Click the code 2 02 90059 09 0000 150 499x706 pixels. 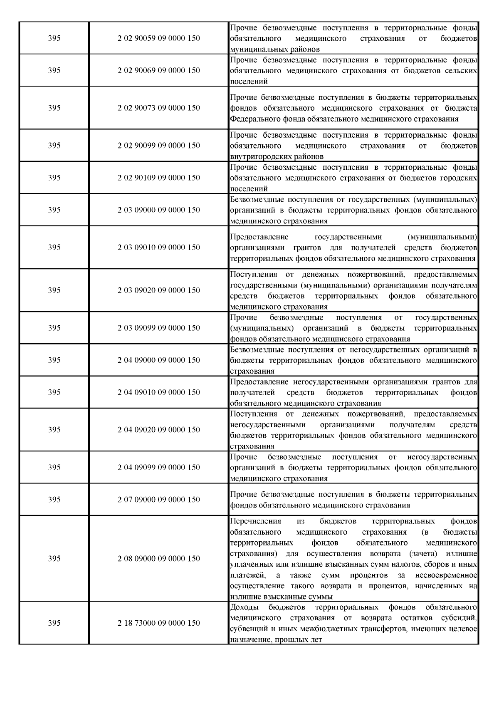click(x=159, y=38)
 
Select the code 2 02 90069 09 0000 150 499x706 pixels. click(x=159, y=70)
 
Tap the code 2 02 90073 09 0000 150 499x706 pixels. click(x=159, y=108)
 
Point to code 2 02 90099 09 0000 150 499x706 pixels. click(x=159, y=145)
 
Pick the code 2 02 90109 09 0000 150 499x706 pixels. click(x=159, y=178)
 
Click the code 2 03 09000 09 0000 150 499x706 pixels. click(x=159, y=210)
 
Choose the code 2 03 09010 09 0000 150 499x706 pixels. click(x=159, y=247)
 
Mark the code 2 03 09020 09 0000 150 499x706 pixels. click(x=159, y=290)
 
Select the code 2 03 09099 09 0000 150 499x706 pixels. click(x=159, y=328)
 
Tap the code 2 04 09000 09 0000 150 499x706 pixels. click(x=159, y=360)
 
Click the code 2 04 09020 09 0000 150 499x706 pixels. click(x=159, y=430)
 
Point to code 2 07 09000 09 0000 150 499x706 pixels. click(x=159, y=499)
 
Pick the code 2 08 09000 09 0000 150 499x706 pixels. click(x=159, y=558)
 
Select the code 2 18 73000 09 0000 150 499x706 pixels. click(x=159, y=623)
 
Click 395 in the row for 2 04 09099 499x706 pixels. click(x=54, y=467)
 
